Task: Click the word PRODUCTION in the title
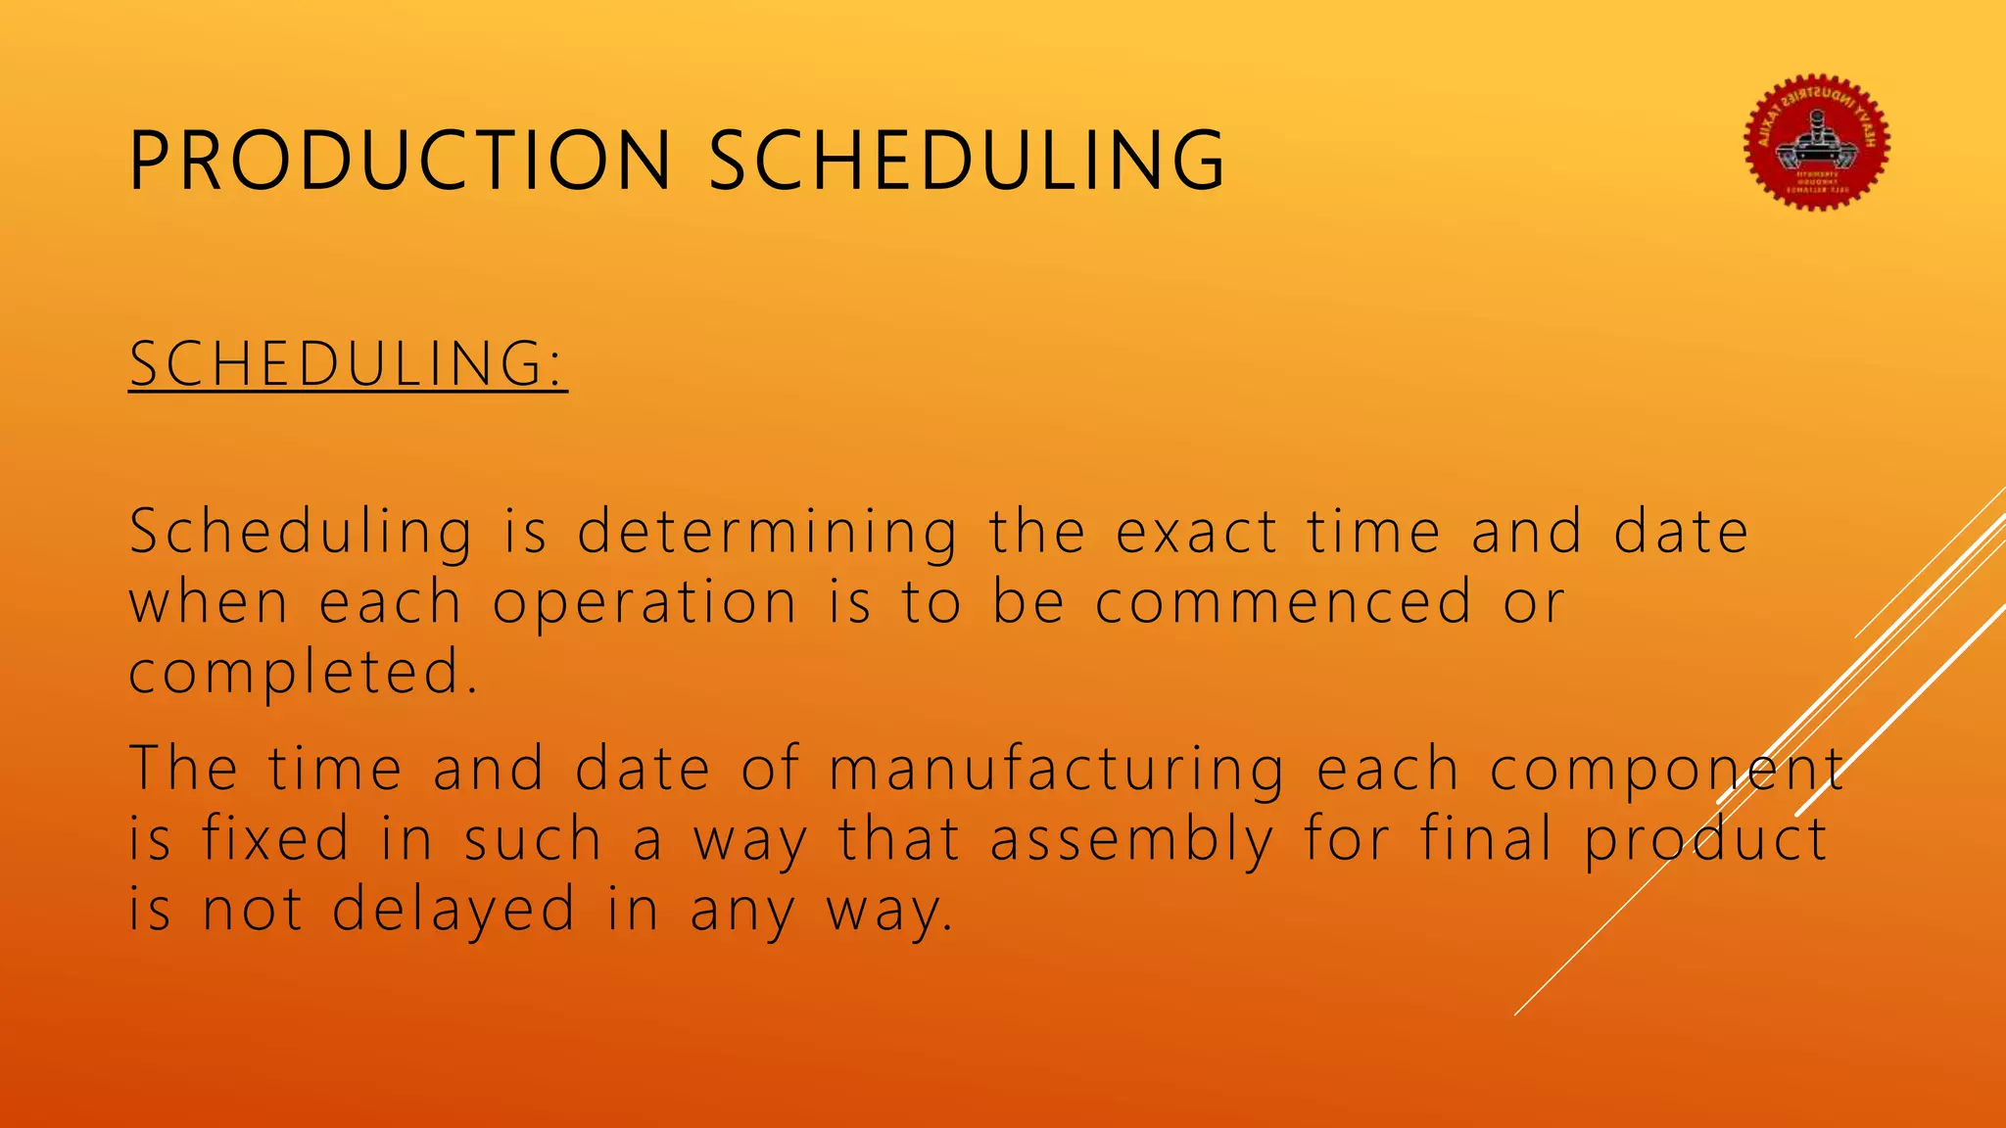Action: pyautogui.click(x=400, y=160)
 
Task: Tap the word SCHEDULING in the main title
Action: pyautogui.click(x=966, y=160)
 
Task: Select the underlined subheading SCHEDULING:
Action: pyautogui.click(x=348, y=364)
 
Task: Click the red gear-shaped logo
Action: pyautogui.click(x=1817, y=143)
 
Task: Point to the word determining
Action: pyautogui.click(x=767, y=533)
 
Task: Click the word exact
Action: pyautogui.click(x=1197, y=533)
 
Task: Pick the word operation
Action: pyautogui.click(x=645, y=602)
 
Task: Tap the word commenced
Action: pyautogui.click(x=1283, y=602)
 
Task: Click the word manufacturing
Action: pyautogui.click(x=1056, y=769)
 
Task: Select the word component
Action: pyautogui.click(x=1667, y=769)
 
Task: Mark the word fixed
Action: pyautogui.click(x=276, y=839)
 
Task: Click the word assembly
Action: pyautogui.click(x=1132, y=841)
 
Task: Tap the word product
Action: pyautogui.click(x=1705, y=841)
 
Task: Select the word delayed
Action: pyautogui.click(x=454, y=910)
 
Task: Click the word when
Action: pyautogui.click(x=209, y=602)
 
